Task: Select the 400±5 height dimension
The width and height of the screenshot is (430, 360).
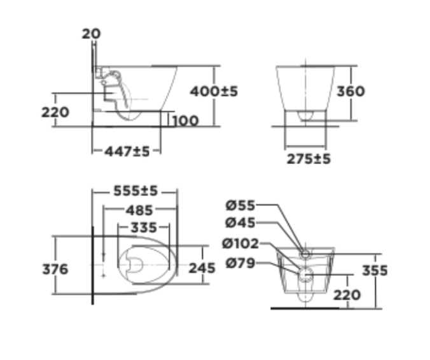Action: click(214, 92)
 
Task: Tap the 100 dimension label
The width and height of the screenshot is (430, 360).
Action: click(184, 120)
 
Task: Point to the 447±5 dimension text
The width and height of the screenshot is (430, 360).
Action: click(127, 151)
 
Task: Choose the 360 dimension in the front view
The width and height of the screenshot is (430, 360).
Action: click(350, 92)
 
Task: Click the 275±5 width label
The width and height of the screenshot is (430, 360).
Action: click(309, 159)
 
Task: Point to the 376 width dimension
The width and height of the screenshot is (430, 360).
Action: click(55, 269)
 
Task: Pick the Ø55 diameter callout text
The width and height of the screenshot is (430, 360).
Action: click(240, 205)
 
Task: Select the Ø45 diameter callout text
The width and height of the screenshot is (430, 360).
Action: click(240, 223)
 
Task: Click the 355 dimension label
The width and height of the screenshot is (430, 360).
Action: click(375, 270)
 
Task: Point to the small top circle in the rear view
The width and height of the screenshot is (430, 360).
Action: click(306, 254)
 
